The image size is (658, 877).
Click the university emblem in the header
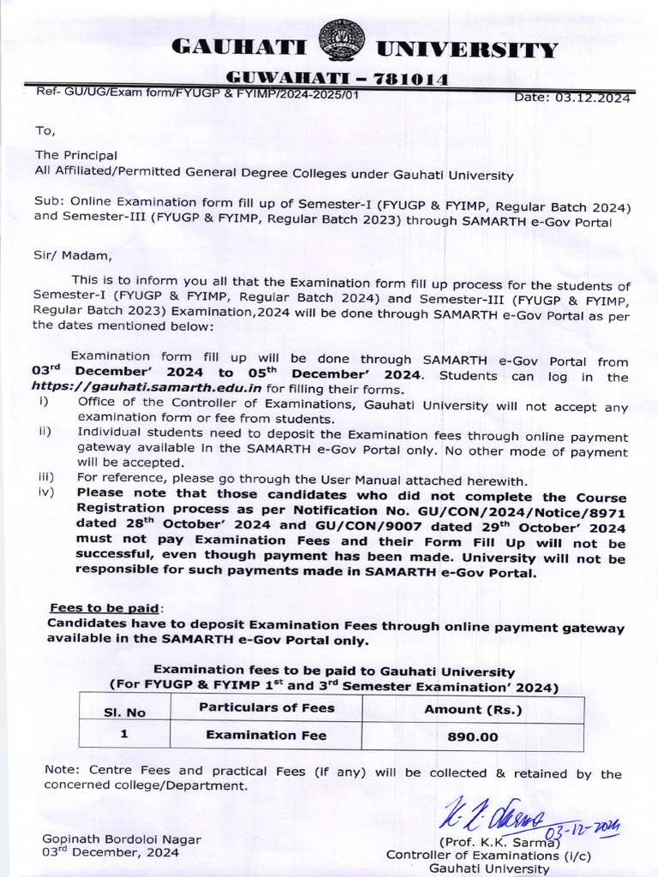pyautogui.click(x=341, y=40)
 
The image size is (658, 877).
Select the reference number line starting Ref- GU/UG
pyautogui.click(x=197, y=93)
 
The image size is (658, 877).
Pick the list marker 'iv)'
pyautogui.click(x=46, y=492)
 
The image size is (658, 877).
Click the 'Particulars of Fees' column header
pyautogui.click(x=266, y=707)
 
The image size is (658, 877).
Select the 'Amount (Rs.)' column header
pyautogui.click(x=473, y=709)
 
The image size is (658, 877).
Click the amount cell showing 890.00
pyautogui.click(x=473, y=736)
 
